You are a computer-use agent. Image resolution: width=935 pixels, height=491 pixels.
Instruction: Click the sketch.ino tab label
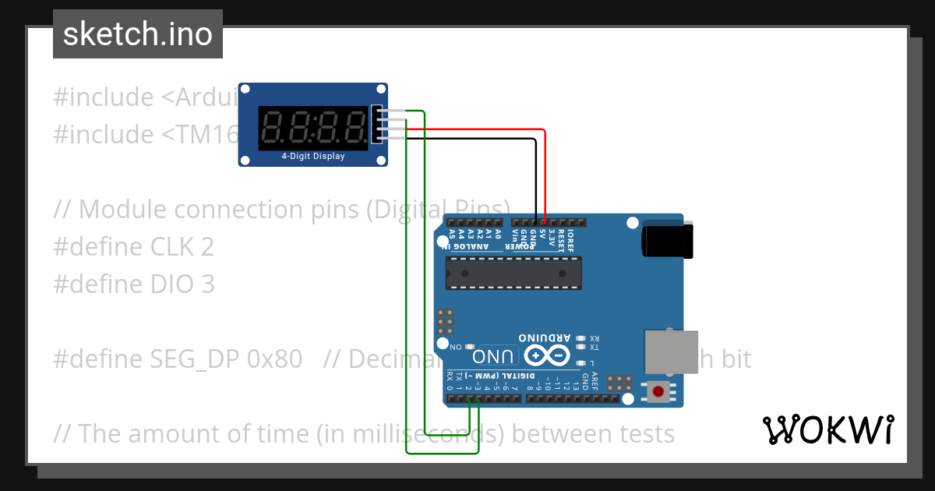coord(137,34)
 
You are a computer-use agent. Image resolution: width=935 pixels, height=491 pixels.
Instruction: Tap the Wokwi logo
coord(827,429)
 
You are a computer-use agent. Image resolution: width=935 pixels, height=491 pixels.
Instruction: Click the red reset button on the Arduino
coord(658,391)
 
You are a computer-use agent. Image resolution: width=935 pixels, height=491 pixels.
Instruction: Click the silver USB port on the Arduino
coord(667,351)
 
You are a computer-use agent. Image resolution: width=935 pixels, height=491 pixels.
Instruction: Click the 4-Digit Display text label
coord(313,156)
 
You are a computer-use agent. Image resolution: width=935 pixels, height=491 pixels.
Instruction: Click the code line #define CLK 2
coord(133,247)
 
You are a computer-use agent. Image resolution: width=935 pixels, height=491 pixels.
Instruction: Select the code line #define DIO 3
coord(133,284)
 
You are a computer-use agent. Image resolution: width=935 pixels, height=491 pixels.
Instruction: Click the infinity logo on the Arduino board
coord(546,356)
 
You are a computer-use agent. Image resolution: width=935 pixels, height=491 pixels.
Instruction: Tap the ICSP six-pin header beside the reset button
coord(619,383)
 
